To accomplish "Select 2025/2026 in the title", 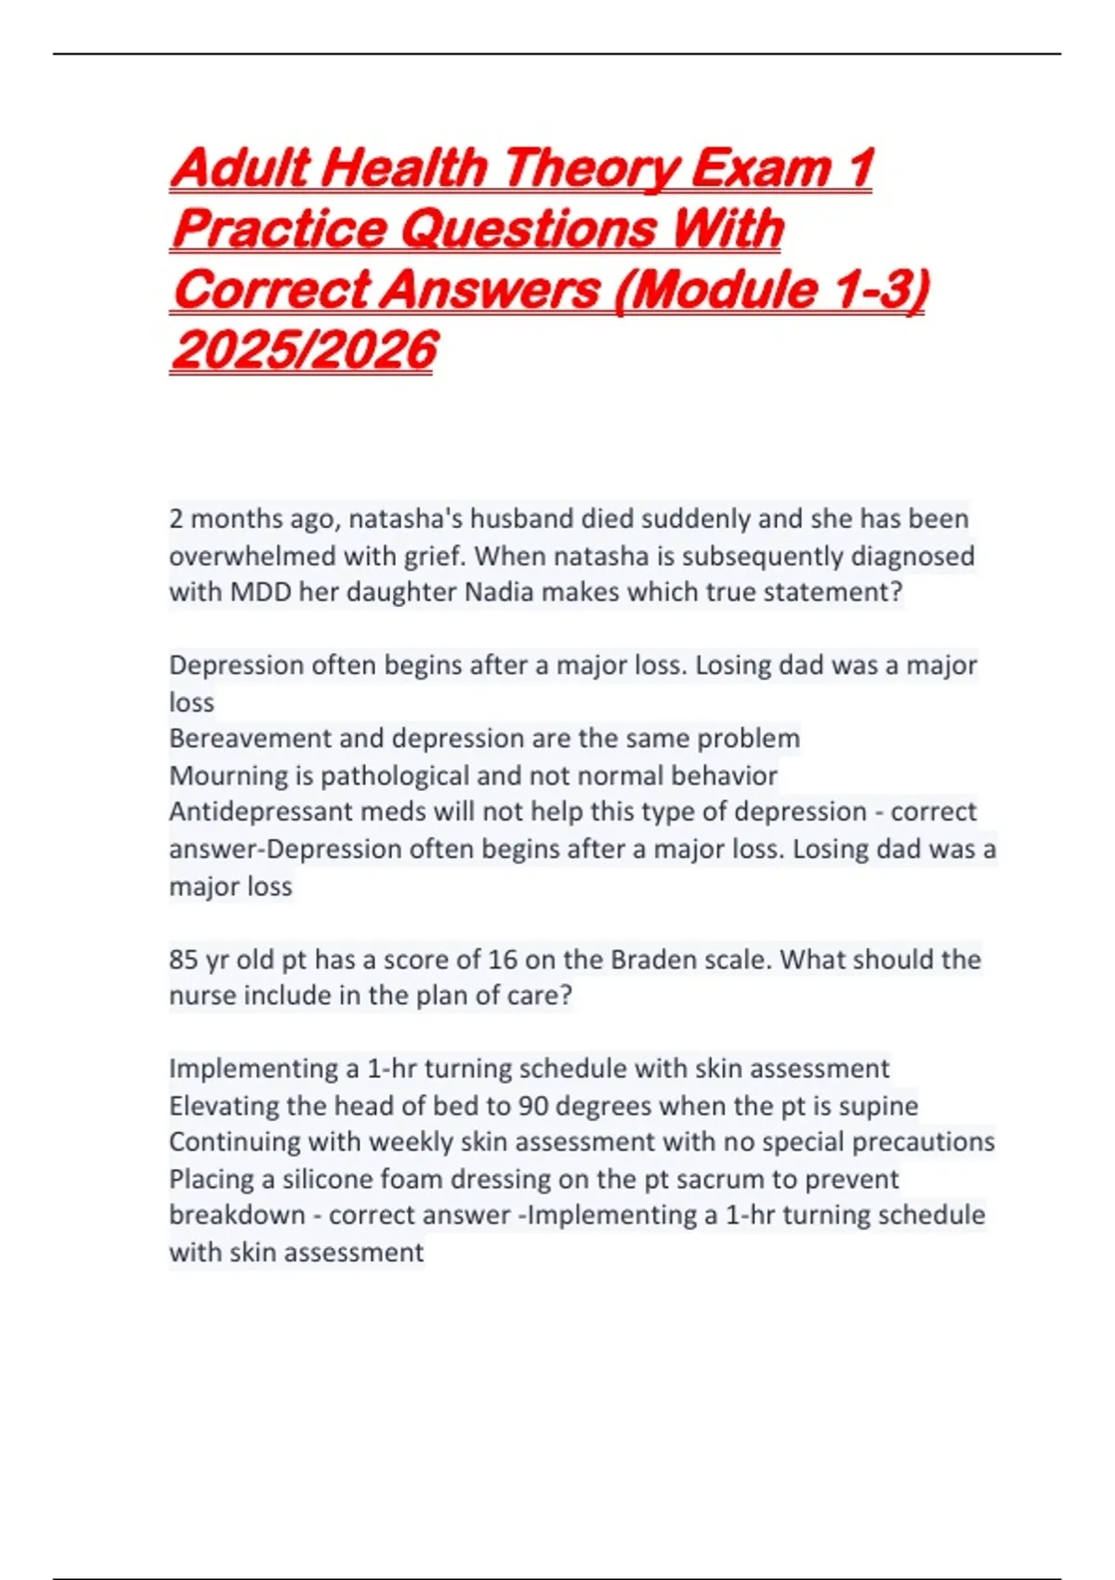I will [x=304, y=350].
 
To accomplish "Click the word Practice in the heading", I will [x=279, y=229].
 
